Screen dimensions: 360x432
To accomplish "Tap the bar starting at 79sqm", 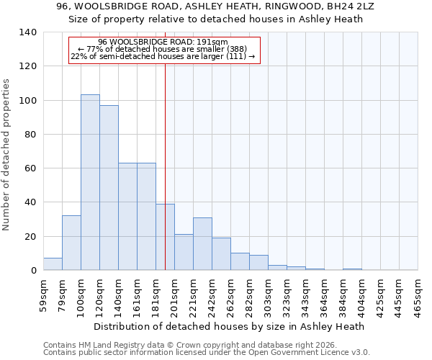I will (71, 243).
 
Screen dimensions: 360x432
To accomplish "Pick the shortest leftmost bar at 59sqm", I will (53, 264).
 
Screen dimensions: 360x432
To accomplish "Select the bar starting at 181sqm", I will (165, 237).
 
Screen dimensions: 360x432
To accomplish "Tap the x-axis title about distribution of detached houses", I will (229, 326).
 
